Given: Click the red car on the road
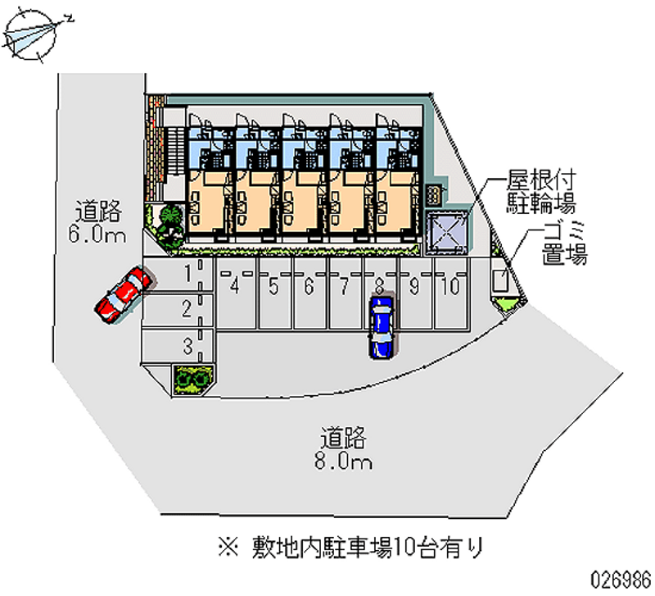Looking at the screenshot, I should pyautogui.click(x=123, y=293).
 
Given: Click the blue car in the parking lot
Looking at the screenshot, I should pyautogui.click(x=381, y=326).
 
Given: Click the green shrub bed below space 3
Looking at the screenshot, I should pyautogui.click(x=193, y=379).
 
